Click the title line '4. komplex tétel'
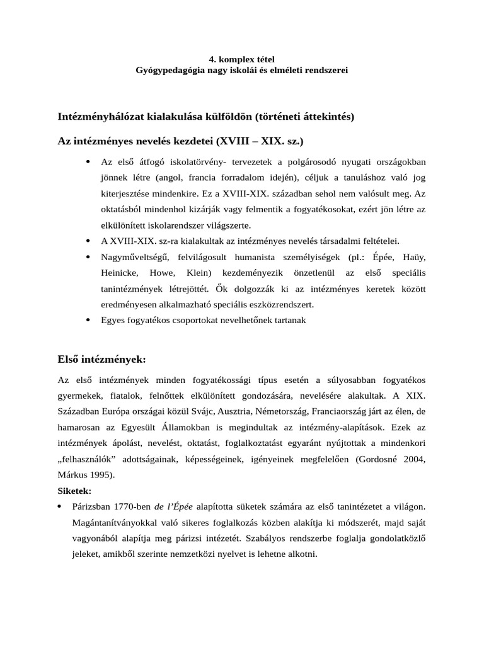point(242,60)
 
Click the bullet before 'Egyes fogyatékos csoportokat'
point(87,320)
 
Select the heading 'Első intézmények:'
point(101,360)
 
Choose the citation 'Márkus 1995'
point(84,474)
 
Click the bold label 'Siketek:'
point(74,490)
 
